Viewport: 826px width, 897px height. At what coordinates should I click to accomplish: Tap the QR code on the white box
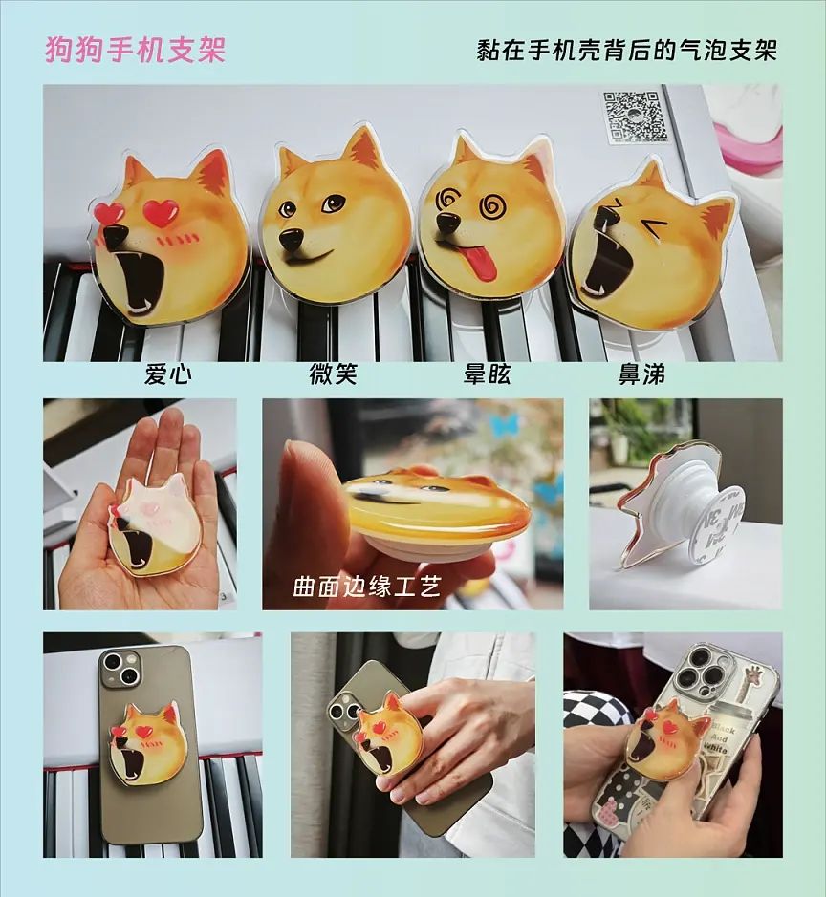click(x=634, y=117)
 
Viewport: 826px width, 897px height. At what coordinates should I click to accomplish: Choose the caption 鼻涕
click(x=641, y=374)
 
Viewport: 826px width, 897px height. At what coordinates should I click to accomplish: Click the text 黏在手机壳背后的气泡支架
click(x=626, y=50)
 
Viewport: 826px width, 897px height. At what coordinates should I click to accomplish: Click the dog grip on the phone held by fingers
click(x=390, y=736)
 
